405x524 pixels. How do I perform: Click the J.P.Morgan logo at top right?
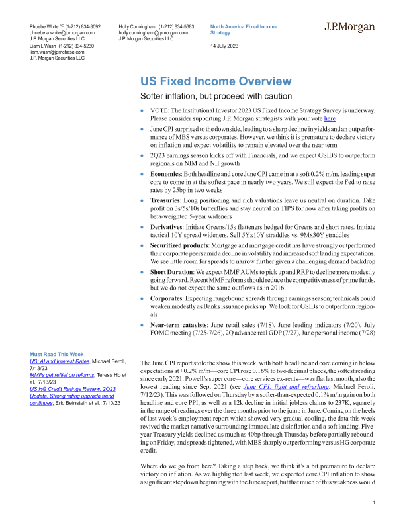click(x=349, y=28)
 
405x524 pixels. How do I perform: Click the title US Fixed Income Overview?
click(x=215, y=81)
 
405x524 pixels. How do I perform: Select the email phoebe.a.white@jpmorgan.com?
click(x=62, y=32)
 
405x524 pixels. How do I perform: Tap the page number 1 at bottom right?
click(x=375, y=503)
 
